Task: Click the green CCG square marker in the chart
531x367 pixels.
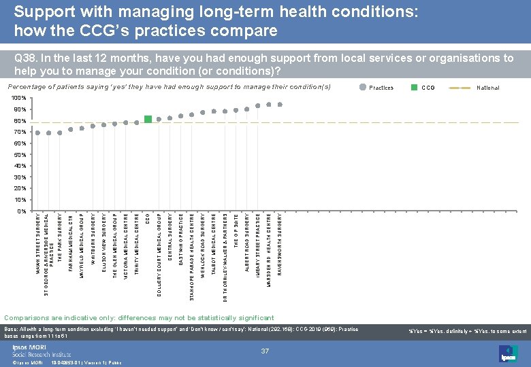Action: pyautogui.click(x=148, y=120)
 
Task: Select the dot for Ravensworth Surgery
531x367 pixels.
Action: pyautogui.click(x=280, y=105)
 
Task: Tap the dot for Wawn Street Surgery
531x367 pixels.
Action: pyautogui.click(x=38, y=133)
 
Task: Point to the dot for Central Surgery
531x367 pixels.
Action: pyautogui.click(x=170, y=118)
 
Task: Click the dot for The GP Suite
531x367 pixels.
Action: pyautogui.click(x=236, y=110)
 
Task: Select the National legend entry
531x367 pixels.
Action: pyautogui.click(x=487, y=88)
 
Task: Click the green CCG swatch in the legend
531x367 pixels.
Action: pyautogui.click(x=413, y=87)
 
